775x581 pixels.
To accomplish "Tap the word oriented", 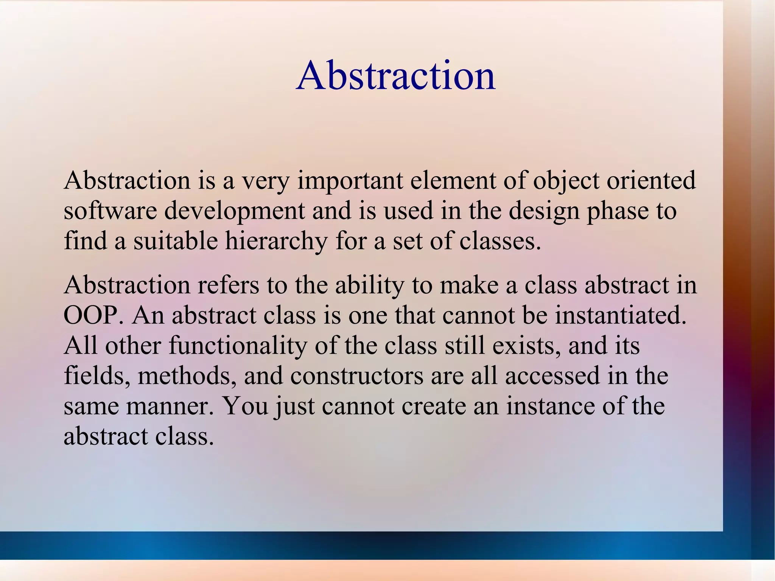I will (651, 181).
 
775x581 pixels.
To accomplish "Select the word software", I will (110, 211).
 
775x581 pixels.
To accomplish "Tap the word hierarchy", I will (276, 241).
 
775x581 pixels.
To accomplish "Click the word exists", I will (526, 346).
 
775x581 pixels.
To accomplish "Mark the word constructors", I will (357, 376).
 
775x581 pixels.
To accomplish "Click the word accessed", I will (552, 376).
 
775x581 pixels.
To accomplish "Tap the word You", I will (246, 406).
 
